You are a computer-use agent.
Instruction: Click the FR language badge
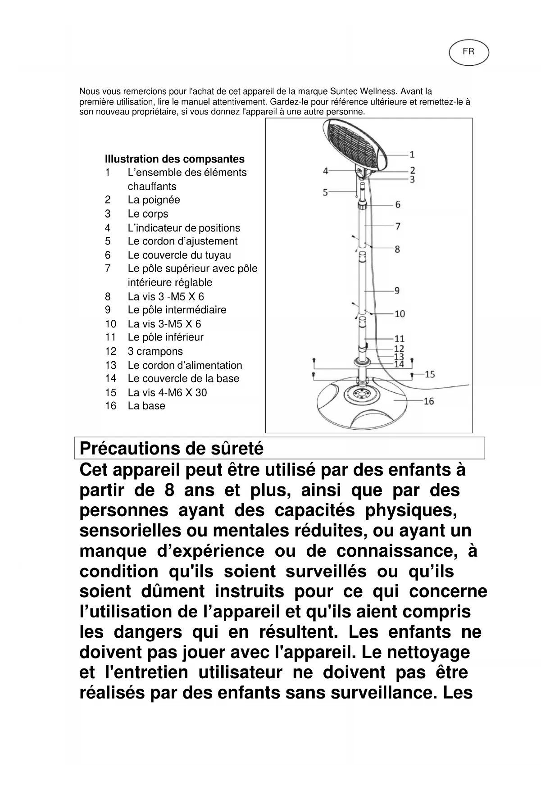click(468, 52)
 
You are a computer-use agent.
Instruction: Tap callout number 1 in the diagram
click(412, 154)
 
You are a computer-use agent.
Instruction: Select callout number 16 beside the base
click(428, 400)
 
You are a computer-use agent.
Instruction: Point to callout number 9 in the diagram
click(397, 291)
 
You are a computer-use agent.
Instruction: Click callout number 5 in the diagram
click(325, 192)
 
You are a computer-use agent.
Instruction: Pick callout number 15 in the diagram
click(430, 374)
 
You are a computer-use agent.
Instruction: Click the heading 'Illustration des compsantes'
click(174, 159)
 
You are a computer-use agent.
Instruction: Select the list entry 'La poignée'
click(154, 200)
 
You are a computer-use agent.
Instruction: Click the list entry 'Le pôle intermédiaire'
click(177, 310)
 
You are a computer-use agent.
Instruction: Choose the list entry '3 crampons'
click(155, 351)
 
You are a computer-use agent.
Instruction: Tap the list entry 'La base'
click(146, 406)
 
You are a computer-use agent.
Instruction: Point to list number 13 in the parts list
click(111, 365)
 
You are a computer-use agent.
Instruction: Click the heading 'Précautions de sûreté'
click(172, 449)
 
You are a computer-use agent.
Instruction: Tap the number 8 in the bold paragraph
click(169, 490)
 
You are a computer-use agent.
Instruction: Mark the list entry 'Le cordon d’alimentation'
click(185, 365)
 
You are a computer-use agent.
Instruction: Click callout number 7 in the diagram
click(398, 226)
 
